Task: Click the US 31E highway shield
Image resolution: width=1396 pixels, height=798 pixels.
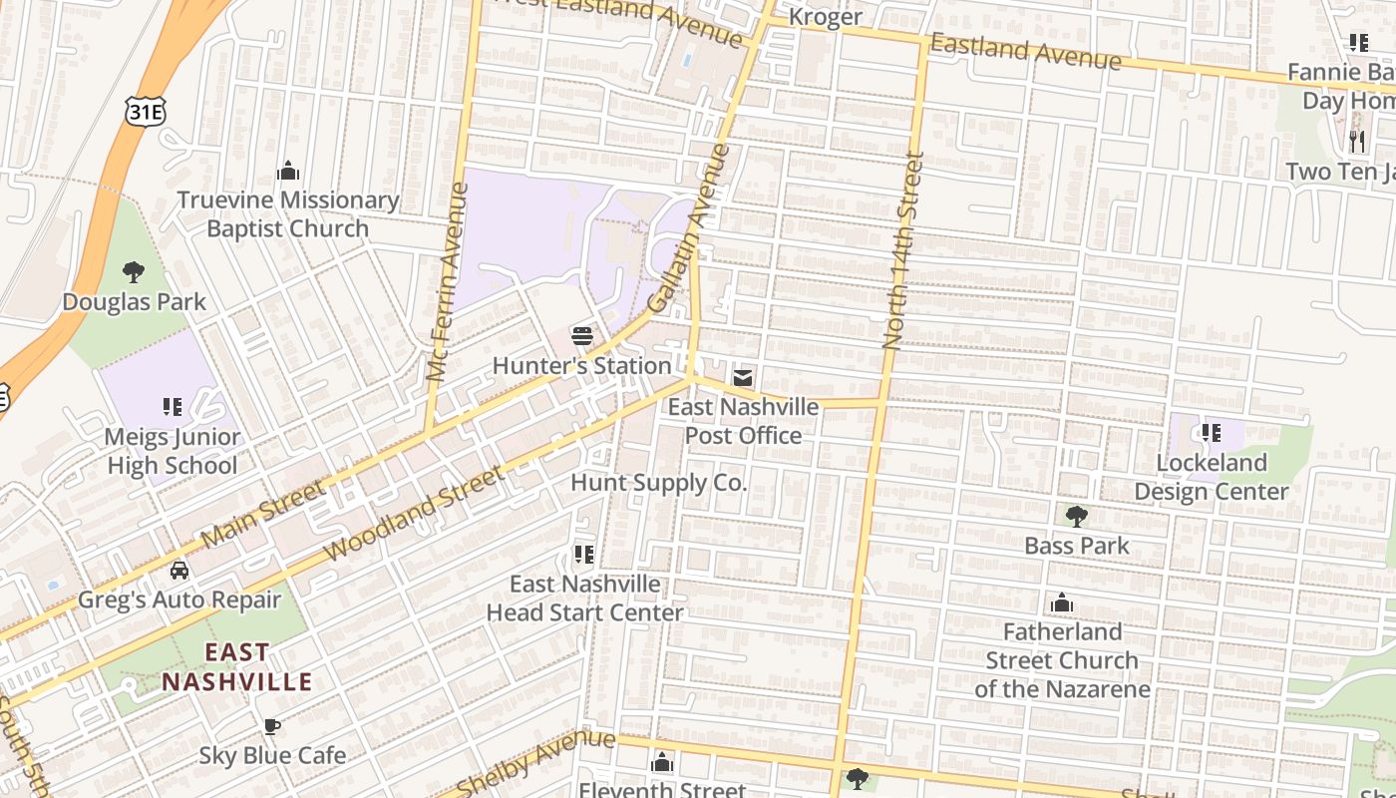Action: coord(145,112)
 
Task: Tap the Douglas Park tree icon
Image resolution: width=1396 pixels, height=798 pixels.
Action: coord(133,272)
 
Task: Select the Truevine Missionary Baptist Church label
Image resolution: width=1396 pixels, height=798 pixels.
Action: coord(287,214)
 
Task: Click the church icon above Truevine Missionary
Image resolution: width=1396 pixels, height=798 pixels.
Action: coord(288,171)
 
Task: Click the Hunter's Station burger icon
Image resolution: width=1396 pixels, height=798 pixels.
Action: coord(582,336)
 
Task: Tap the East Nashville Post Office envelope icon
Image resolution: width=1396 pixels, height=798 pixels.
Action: coord(743,378)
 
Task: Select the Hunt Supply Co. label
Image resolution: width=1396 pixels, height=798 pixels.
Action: coord(658,483)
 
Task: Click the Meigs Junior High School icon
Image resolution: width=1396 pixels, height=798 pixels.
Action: coord(173,407)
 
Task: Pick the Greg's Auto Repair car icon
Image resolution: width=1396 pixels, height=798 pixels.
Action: coord(179,571)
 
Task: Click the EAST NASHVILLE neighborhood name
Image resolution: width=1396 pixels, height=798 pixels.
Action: coord(237,667)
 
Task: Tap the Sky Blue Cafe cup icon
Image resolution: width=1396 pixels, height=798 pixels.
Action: coord(271,726)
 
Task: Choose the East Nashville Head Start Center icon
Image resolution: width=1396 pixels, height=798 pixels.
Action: coord(584,554)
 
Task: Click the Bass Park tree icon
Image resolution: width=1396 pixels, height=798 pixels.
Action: coord(1076,516)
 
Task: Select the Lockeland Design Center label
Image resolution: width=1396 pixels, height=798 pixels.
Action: coord(1212,477)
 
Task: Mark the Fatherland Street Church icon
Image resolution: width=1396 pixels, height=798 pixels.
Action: coord(1062,602)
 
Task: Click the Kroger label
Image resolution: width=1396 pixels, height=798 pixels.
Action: coord(825,17)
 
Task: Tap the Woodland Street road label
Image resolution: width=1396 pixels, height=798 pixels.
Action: coord(415,515)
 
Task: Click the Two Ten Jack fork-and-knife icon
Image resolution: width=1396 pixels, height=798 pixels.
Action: coord(1356,141)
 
